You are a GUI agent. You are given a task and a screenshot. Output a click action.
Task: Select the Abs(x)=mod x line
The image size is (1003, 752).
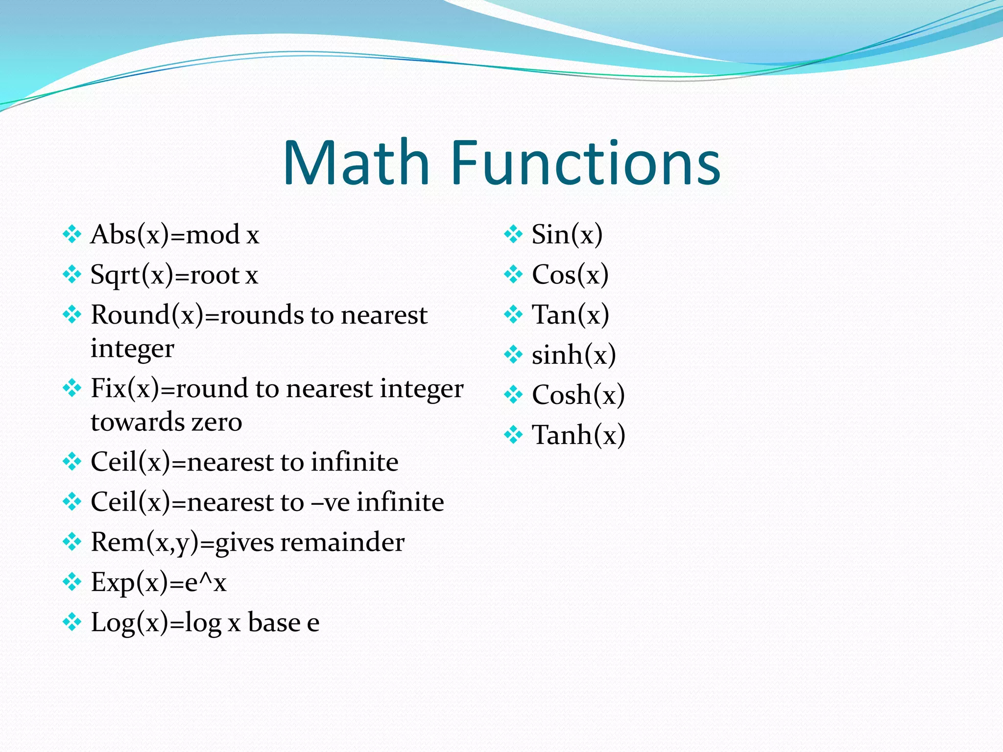(x=174, y=235)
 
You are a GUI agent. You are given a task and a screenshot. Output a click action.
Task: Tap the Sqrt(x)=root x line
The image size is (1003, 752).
(x=174, y=275)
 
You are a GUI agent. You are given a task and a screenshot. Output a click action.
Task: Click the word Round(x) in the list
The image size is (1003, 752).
(x=146, y=315)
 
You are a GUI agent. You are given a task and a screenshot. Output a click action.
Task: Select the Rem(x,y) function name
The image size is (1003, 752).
(x=145, y=542)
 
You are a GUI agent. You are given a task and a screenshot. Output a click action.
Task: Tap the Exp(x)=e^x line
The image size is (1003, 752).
(x=158, y=583)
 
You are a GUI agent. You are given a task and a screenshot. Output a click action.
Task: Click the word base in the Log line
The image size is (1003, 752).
(x=274, y=623)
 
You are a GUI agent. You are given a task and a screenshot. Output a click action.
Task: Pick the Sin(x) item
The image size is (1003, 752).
(x=567, y=235)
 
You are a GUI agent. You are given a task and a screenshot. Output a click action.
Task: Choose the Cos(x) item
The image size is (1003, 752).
(x=570, y=275)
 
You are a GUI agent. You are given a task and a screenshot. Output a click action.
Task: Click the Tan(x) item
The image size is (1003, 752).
(x=570, y=315)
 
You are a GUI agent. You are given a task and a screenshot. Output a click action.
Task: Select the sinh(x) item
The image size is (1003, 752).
(x=573, y=355)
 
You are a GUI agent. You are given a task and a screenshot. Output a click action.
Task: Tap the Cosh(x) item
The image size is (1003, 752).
(x=578, y=395)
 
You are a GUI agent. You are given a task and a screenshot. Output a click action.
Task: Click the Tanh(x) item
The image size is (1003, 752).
(x=578, y=435)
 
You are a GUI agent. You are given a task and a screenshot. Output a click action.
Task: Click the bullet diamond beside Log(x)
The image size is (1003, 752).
(x=72, y=622)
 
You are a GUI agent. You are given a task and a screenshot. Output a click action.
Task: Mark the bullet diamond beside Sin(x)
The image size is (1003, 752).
(x=513, y=234)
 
